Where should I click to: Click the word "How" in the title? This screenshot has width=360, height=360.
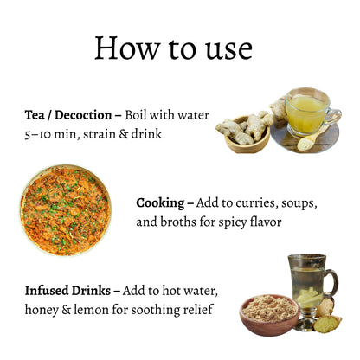(127, 48)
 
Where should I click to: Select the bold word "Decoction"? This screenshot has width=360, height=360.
(83, 115)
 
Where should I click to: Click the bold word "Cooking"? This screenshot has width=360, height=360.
(160, 203)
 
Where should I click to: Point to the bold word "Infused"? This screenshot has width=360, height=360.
(45, 291)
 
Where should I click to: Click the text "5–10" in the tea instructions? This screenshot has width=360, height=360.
(37, 135)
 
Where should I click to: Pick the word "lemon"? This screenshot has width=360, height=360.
(92, 310)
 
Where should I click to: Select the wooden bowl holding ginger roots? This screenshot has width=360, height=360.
(247, 141)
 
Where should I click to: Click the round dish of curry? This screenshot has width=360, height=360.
(66, 210)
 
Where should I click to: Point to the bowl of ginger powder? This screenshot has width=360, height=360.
(269, 315)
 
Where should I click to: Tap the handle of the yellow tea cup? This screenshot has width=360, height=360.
(334, 116)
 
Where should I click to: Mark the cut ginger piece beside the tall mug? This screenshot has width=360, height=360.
(327, 324)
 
